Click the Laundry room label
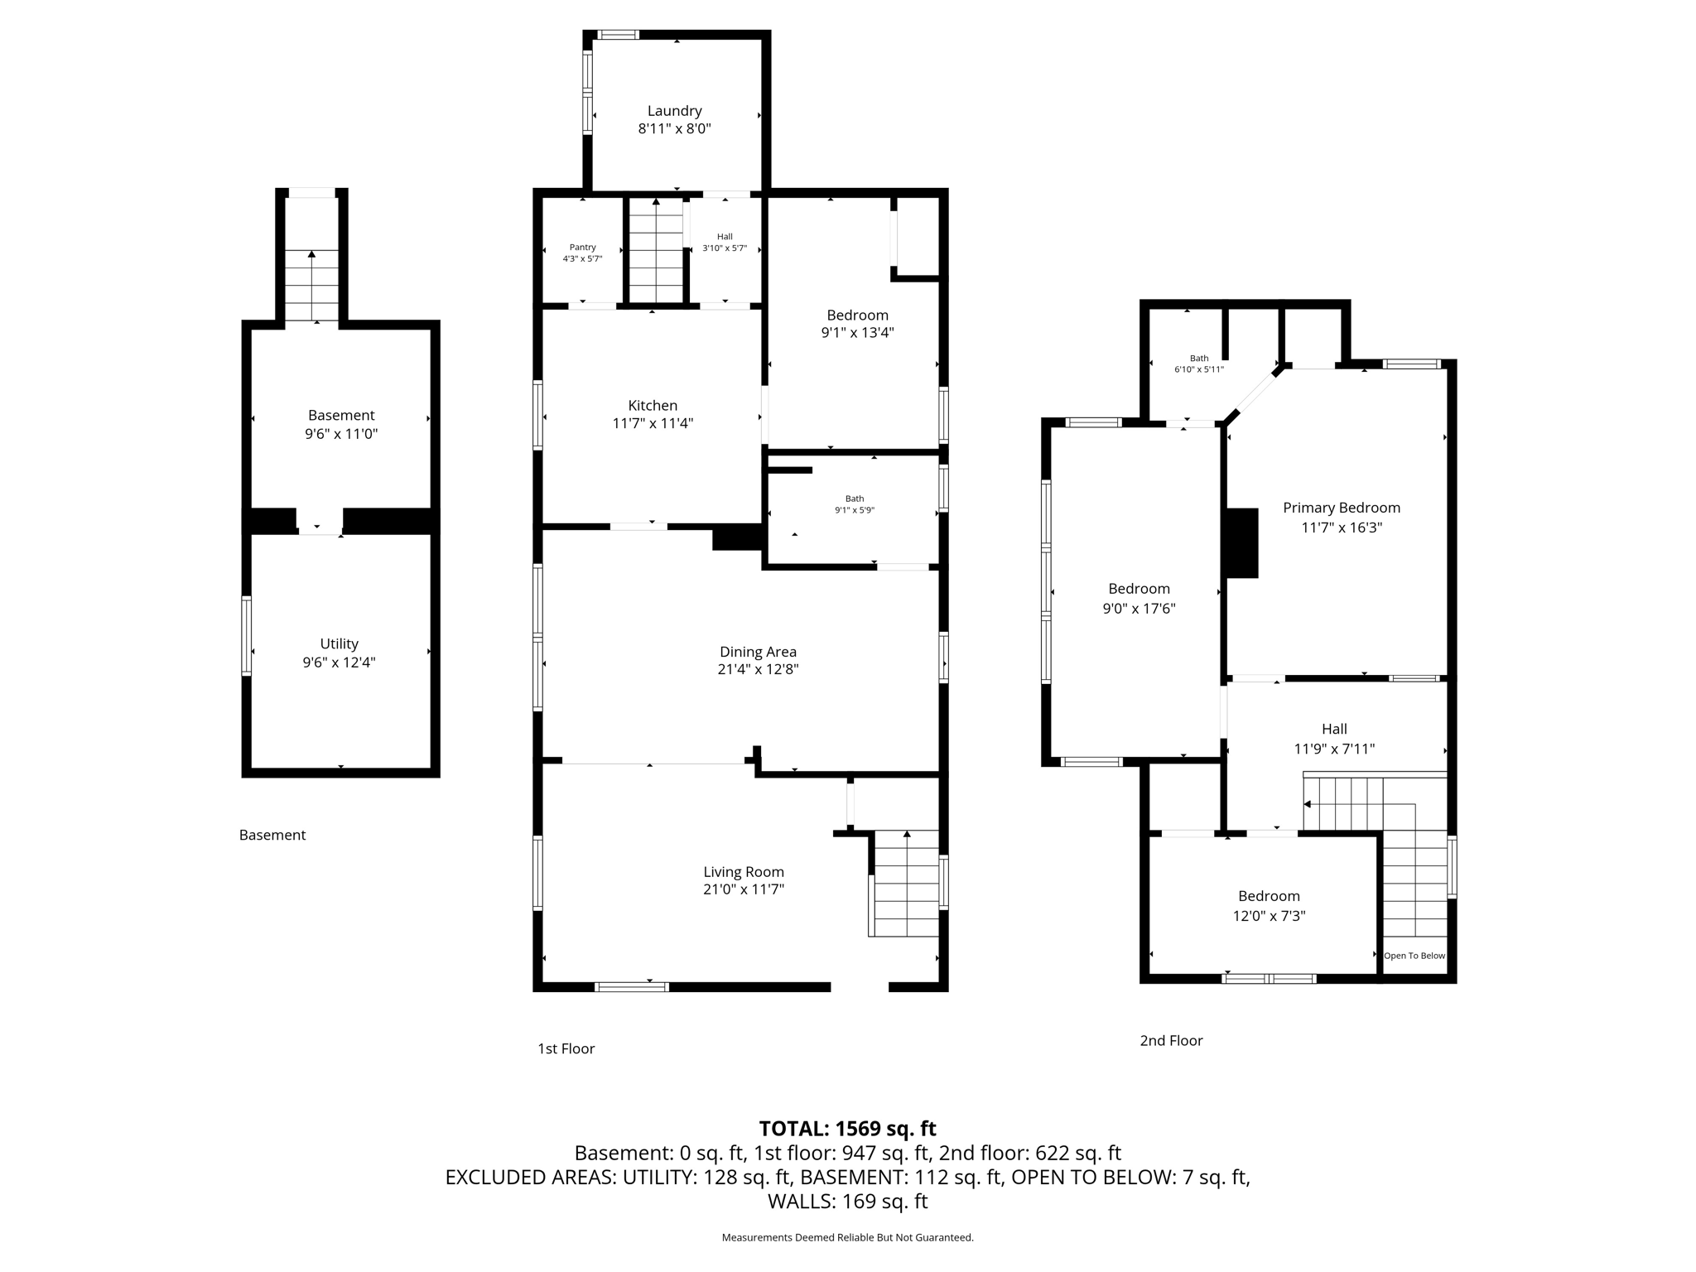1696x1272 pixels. (x=674, y=111)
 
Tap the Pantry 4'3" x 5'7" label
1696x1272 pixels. (x=582, y=253)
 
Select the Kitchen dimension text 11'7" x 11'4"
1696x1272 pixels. (x=653, y=423)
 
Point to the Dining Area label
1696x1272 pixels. (x=758, y=652)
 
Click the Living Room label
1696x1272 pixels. (x=743, y=872)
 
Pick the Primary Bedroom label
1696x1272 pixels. (x=1341, y=508)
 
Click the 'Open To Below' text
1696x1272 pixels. (x=1414, y=956)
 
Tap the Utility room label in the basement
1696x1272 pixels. (x=340, y=643)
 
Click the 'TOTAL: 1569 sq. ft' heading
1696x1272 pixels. (x=847, y=1129)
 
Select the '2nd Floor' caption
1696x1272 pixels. (x=1171, y=1041)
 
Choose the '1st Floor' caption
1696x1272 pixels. (x=566, y=1049)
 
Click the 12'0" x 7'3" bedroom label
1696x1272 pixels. (x=1269, y=906)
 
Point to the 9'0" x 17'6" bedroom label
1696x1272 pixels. (x=1139, y=598)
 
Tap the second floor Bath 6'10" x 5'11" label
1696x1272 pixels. (x=1198, y=364)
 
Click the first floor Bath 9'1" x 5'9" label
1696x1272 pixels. (x=854, y=504)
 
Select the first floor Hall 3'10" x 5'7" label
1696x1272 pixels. (x=725, y=242)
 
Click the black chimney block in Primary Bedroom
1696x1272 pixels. (x=1241, y=542)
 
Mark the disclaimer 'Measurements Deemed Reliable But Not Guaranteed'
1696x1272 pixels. (x=847, y=1237)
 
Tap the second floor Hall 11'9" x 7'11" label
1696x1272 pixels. (x=1334, y=739)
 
